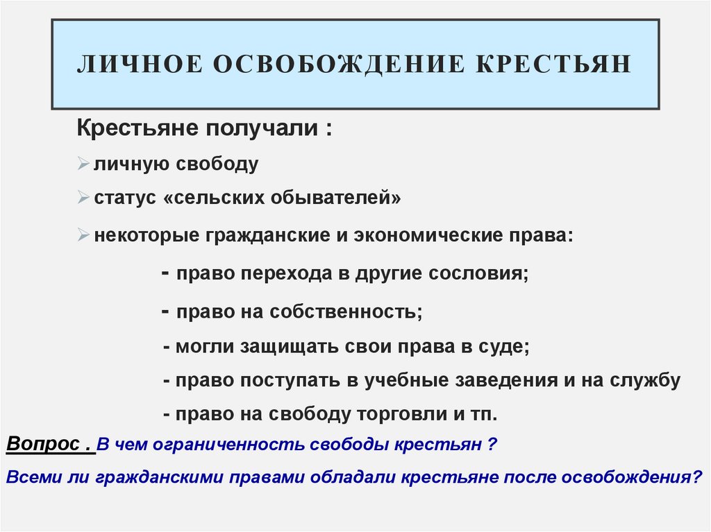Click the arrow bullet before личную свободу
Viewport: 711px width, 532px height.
[83, 165]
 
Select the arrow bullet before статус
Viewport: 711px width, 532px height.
[83, 199]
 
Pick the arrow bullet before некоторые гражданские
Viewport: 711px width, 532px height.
[83, 235]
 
